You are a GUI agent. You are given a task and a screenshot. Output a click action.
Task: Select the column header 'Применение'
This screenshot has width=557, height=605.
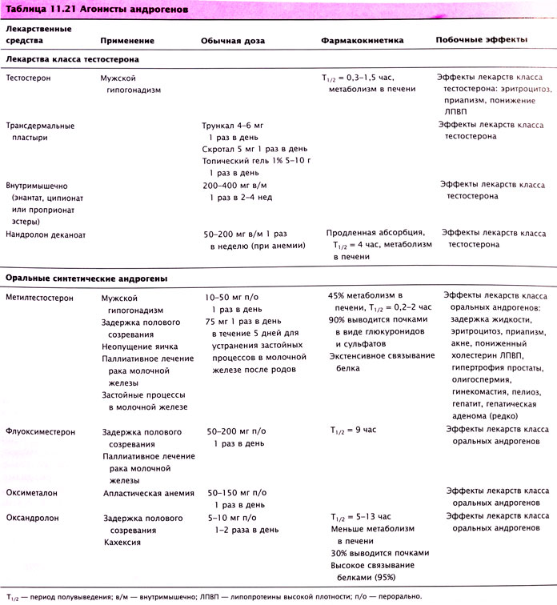click(129, 39)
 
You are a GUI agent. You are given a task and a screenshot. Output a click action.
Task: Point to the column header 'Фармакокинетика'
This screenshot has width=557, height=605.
click(362, 39)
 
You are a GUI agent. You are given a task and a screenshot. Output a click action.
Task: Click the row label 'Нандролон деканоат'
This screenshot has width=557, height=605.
click(46, 235)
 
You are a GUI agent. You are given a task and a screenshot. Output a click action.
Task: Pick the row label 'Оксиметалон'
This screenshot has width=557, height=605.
click(32, 493)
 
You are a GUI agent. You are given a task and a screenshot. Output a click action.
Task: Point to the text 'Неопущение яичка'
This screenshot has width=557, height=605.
click(139, 347)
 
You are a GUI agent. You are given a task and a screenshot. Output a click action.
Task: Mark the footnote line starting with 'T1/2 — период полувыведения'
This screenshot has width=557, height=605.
click(212, 596)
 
